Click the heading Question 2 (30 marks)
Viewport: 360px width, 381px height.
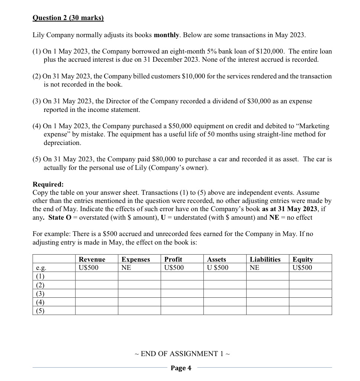click(68, 18)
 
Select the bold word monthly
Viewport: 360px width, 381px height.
click(167, 35)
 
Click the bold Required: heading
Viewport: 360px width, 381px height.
click(48, 184)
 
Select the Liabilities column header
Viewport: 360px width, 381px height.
click(265, 259)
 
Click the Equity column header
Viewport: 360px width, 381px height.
click(303, 259)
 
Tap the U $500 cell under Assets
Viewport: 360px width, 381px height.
click(218, 268)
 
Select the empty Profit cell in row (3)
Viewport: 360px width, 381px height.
click(182, 293)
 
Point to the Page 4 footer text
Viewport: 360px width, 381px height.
click(181, 368)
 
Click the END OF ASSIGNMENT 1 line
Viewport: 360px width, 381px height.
click(182, 353)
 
